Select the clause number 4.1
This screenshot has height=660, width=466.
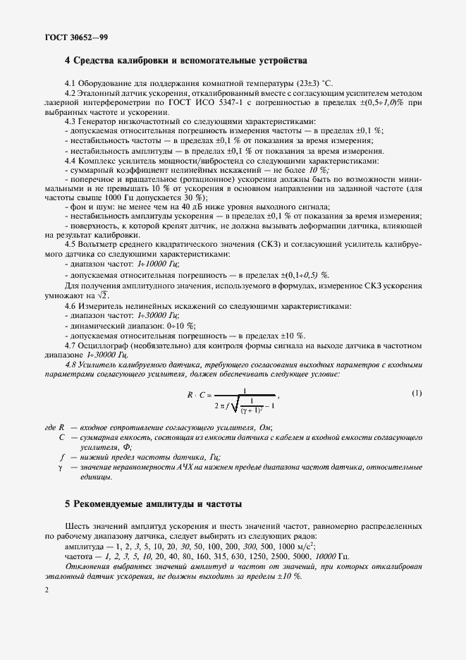point(70,85)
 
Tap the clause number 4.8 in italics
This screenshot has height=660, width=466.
point(71,364)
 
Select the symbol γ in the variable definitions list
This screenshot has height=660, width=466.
point(61,468)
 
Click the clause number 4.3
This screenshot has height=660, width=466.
point(70,121)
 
